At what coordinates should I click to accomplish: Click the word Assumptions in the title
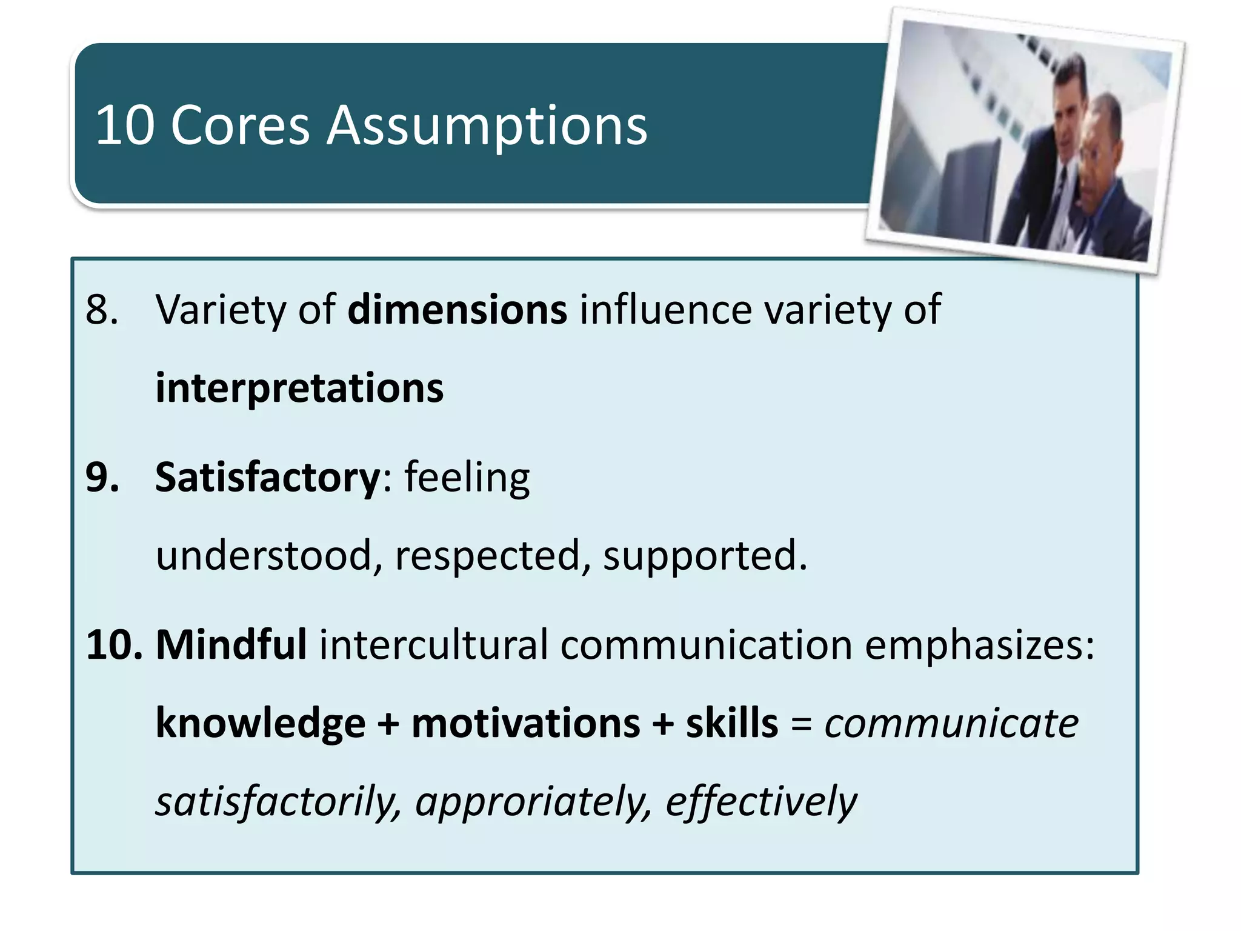tap(487, 126)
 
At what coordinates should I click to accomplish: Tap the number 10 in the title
tap(125, 125)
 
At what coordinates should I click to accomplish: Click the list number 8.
tap(101, 310)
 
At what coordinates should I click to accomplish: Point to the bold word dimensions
tap(457, 310)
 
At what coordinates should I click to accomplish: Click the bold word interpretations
tap(299, 388)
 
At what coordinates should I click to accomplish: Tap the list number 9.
tap(102, 478)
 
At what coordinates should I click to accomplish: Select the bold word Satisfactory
tap(267, 478)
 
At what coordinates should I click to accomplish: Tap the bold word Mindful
tap(231, 644)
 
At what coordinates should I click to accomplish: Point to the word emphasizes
tap(979, 646)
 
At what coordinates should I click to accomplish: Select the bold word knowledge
tap(261, 724)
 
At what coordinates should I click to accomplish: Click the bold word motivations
tap(525, 724)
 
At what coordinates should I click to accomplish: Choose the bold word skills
tap(731, 724)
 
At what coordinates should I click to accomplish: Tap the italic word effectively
tap(761, 802)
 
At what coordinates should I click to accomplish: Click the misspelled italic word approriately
tap(533, 802)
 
